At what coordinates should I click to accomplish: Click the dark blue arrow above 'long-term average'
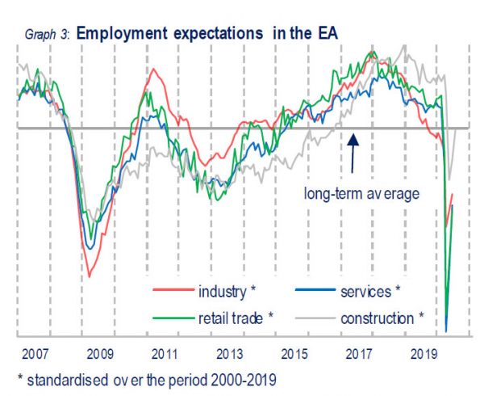pos(353,152)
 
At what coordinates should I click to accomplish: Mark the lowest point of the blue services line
pos(446,331)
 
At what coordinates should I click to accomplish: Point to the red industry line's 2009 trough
pos(89,277)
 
